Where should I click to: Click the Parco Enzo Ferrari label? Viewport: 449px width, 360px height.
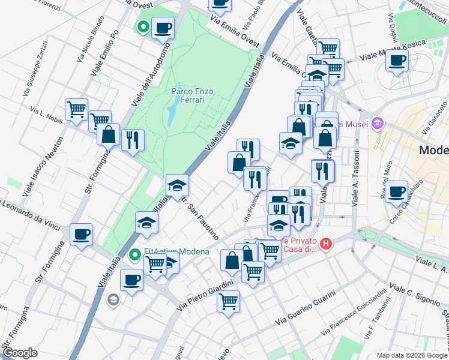[192, 95]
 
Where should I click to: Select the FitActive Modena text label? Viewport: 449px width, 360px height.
[176, 251]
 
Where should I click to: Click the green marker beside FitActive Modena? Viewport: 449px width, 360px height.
[136, 255]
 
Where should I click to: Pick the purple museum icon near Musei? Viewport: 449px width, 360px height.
[377, 124]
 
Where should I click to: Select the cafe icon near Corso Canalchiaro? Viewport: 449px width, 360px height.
[396, 191]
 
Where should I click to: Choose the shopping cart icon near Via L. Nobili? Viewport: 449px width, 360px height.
[76, 109]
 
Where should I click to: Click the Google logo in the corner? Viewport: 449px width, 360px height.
[20, 353]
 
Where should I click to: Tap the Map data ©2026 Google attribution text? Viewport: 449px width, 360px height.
[411, 355]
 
